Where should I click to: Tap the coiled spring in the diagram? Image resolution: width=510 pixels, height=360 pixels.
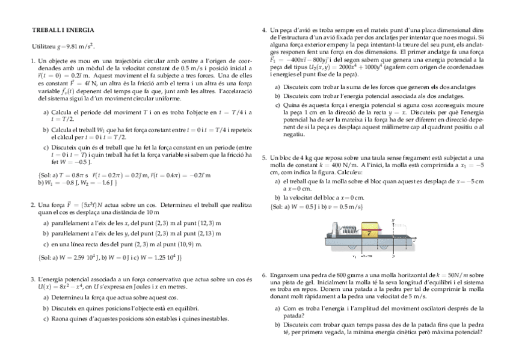349,229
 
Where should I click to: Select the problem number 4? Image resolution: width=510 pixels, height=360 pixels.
264,30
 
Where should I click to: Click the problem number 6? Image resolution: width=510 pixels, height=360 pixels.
264,275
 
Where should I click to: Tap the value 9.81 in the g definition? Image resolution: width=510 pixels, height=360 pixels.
77,46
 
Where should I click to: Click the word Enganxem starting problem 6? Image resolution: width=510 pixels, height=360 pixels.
284,275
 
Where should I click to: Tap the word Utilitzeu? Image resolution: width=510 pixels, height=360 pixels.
42,46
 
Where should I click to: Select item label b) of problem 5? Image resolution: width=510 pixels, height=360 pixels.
278,197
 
